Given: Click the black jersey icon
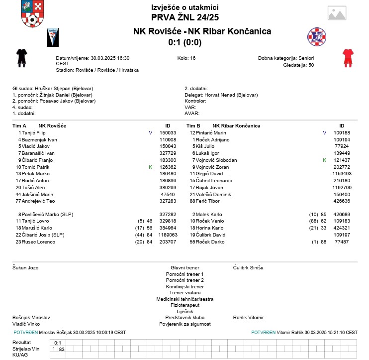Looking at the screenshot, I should [x=21, y=58].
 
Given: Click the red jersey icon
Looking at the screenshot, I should [x=347, y=58].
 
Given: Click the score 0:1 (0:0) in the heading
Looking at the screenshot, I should [x=184, y=42].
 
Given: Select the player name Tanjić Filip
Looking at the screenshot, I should [x=34, y=133].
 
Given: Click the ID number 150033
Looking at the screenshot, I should [x=168, y=133].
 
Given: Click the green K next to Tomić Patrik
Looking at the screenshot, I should [x=150, y=167].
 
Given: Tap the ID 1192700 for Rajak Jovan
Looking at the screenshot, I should [x=342, y=187].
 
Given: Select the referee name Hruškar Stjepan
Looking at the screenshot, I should [x=53, y=89].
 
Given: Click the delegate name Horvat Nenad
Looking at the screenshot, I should [x=222, y=95].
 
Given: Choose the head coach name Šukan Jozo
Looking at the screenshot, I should [x=25, y=267].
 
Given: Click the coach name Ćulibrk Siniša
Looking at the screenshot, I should [x=248, y=267].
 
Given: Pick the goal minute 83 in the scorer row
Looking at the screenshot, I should [x=62, y=349].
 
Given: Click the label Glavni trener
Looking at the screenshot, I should [x=185, y=267].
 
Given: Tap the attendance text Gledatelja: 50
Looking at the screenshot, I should [x=298, y=64].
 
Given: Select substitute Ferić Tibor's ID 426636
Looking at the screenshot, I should [x=342, y=201].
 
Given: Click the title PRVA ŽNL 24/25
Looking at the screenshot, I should [x=184, y=17].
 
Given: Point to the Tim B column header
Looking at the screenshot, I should [x=193, y=125].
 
